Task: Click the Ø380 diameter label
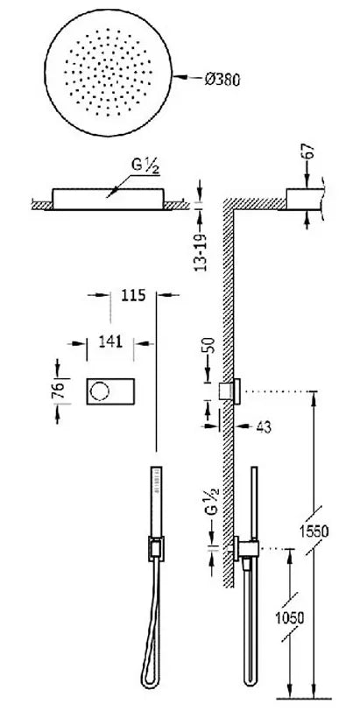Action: click(x=222, y=80)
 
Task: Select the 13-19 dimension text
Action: click(x=202, y=252)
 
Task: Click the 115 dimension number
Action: click(x=133, y=295)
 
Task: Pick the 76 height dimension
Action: click(x=57, y=391)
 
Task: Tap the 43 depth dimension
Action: click(x=264, y=426)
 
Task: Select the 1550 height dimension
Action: click(x=314, y=531)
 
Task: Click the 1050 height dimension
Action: click(x=289, y=617)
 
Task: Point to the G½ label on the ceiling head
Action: click(x=145, y=166)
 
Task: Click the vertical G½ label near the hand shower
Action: click(x=212, y=503)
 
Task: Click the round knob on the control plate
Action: click(x=99, y=391)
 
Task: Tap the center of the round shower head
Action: click(x=108, y=73)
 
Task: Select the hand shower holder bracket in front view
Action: click(x=156, y=547)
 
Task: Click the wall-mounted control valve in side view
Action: click(x=229, y=391)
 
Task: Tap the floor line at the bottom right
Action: click(x=304, y=699)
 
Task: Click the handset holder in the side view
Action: click(x=246, y=547)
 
